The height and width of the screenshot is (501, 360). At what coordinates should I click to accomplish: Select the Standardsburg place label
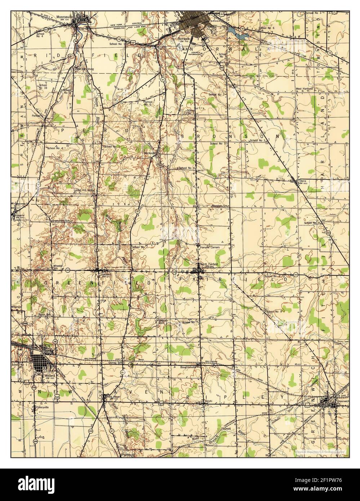point(84,68)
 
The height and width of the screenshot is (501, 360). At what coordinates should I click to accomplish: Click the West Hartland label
point(304,88)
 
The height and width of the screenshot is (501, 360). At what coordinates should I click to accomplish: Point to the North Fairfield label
point(211,264)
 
